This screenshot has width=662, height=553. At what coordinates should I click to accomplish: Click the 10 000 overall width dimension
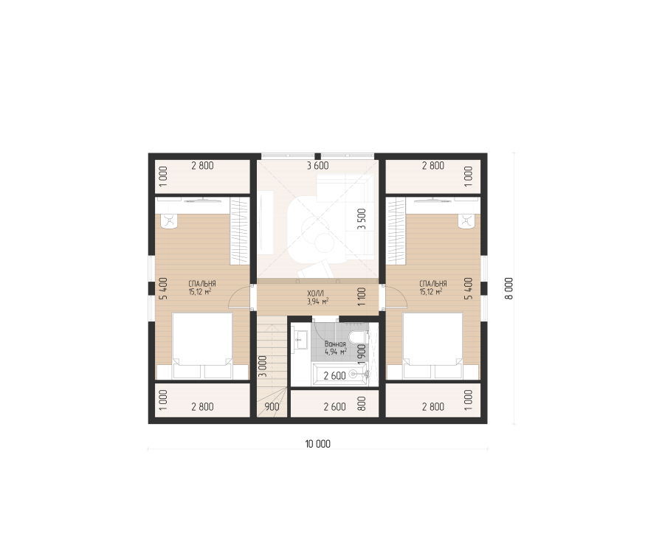tap(317, 444)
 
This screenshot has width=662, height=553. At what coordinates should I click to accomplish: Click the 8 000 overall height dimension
tap(508, 288)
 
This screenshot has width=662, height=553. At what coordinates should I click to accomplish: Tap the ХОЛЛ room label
tap(315, 293)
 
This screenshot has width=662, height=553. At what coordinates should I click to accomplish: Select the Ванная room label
tap(335, 344)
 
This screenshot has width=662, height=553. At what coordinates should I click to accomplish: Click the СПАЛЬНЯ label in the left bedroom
tap(202, 283)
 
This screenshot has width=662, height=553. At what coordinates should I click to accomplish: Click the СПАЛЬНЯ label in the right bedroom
tap(433, 283)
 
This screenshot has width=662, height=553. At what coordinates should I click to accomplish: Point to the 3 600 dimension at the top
tap(317, 166)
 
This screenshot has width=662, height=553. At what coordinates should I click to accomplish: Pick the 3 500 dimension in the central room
tap(362, 219)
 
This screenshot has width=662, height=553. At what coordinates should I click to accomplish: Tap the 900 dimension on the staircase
tap(272, 407)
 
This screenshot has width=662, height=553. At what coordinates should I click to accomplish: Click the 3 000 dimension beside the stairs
tap(263, 366)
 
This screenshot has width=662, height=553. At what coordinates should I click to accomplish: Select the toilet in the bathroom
tap(359, 337)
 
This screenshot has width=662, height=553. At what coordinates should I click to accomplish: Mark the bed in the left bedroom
tap(202, 346)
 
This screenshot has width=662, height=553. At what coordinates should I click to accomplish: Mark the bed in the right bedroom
tap(433, 346)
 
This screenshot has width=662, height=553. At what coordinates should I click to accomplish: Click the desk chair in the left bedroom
tap(170, 220)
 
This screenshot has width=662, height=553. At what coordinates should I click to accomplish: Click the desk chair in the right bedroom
tap(466, 220)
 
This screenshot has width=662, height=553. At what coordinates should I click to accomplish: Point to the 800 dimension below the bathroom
tap(362, 403)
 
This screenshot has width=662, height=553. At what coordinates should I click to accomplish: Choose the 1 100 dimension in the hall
tap(362, 296)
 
